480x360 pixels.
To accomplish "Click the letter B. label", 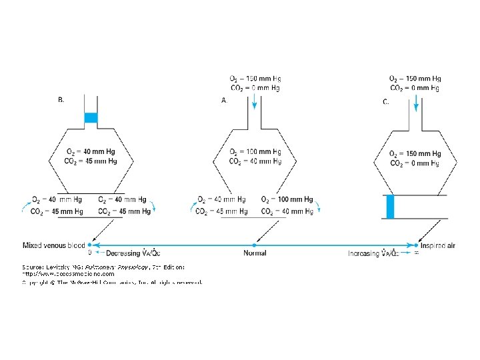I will tap(61, 100).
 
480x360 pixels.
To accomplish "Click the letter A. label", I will tap(224, 100).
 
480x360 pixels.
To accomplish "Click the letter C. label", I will tap(386, 102).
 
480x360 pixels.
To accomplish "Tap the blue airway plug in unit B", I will tap(91, 118).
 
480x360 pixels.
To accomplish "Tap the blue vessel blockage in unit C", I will tap(391, 206).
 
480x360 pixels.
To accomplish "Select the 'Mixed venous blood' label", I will tap(53, 245).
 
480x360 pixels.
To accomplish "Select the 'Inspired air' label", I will tap(439, 245).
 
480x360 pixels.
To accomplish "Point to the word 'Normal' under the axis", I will tap(255, 253).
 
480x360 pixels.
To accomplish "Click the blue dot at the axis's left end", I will tap(90, 245).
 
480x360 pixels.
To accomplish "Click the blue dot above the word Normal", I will tap(255, 245).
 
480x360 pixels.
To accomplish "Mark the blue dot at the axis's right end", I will tap(417, 245).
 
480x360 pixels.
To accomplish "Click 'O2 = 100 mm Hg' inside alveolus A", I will tap(255, 153).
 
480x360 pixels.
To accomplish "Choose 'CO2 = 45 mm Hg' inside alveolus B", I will tap(91, 161).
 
